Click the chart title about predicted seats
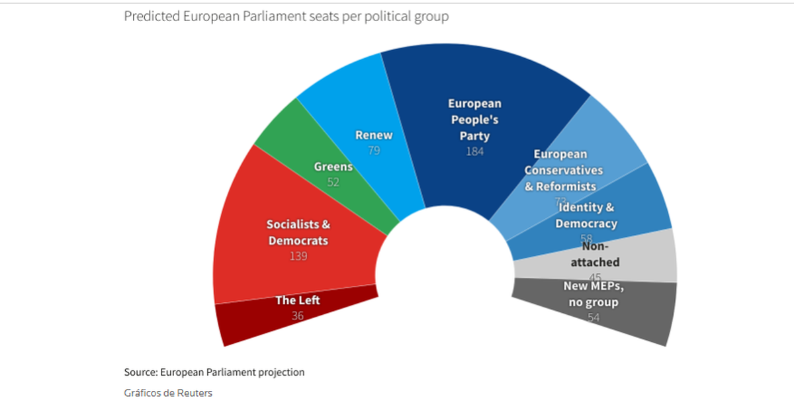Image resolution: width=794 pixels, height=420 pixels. [286, 17]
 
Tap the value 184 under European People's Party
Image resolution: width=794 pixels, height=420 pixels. [474, 151]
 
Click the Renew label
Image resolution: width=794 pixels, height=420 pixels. [374, 135]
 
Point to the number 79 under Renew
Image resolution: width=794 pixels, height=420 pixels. [374, 150]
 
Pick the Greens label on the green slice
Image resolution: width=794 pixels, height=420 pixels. [333, 167]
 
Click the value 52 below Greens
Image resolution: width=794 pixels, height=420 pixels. [333, 182]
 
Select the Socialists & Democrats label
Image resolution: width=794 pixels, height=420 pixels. [298, 232]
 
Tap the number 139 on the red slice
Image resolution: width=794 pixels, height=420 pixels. [298, 256]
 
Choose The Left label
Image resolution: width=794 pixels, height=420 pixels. [297, 300]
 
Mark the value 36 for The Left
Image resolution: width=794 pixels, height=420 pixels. [297, 315]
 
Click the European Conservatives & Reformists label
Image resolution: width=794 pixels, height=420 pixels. [560, 171]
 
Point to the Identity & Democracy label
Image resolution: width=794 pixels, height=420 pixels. [586, 215]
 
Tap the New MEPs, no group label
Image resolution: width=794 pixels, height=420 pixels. [593, 294]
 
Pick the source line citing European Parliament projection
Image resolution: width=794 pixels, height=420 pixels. [214, 372]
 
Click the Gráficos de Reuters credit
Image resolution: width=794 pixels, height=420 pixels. [168, 393]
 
